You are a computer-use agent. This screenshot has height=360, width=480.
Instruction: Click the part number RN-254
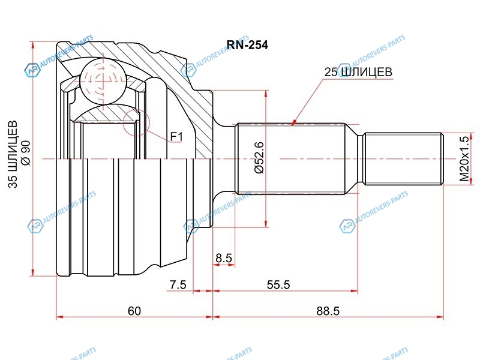247,44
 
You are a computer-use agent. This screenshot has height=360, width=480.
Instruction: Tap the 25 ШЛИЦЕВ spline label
358,72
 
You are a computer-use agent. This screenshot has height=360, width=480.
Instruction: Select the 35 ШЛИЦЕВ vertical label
13,156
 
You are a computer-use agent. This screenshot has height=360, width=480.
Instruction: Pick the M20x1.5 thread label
463,159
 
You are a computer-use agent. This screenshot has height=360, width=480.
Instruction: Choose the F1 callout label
176,137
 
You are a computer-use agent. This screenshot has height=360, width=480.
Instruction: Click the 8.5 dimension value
224,259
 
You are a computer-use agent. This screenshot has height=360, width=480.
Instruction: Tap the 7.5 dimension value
178,285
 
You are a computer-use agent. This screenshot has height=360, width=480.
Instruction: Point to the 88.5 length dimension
328,311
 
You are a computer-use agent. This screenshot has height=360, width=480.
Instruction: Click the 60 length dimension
134,311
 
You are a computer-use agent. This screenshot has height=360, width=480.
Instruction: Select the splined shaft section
291,159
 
